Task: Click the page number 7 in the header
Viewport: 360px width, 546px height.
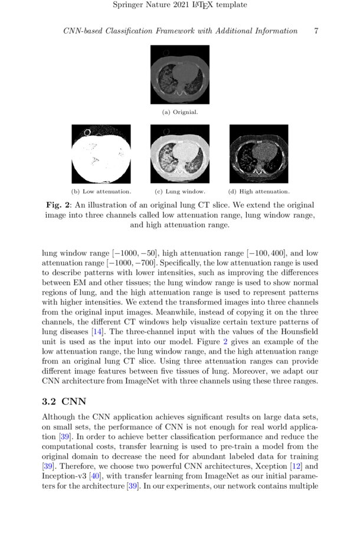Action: pos(316,31)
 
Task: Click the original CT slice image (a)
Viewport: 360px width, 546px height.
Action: pos(179,74)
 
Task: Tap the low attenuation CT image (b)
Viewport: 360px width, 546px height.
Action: pos(101,153)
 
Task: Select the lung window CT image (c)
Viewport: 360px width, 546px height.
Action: pos(179,153)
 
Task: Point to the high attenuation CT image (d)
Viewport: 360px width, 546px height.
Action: pos(258,153)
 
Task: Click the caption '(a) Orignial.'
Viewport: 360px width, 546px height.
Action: pos(179,112)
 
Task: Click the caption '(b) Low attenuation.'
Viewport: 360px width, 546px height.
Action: pos(101,191)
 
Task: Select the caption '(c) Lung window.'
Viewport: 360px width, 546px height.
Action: pos(179,191)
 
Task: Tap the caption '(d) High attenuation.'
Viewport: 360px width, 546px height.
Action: pos(258,191)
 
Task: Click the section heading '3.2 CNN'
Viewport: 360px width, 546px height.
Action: pos(64,401)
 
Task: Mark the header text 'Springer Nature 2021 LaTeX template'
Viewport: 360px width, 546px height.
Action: pos(179,5)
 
